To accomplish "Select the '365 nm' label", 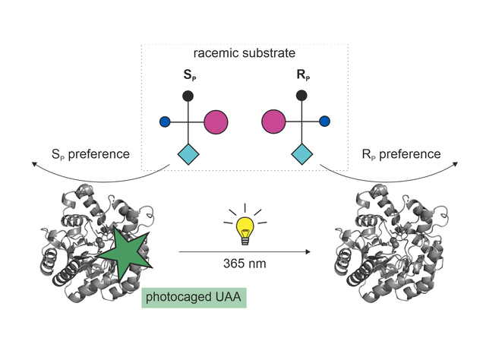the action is click(x=245, y=264).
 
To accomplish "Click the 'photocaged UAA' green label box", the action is click(x=194, y=298).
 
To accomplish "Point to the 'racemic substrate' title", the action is click(x=245, y=53).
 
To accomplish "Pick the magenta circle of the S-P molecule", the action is click(x=216, y=122).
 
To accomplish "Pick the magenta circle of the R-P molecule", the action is click(x=273, y=122).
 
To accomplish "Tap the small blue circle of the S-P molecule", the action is click(x=165, y=122).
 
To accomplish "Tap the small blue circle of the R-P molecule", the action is click(x=324, y=122).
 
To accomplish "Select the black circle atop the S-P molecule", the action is click(x=188, y=96).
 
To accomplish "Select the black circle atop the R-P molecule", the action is click(x=301, y=96).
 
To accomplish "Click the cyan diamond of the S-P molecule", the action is click(x=188, y=154).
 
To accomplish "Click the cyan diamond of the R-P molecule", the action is click(x=302, y=154).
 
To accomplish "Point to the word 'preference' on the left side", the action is click(x=99, y=154).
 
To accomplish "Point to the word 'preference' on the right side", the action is click(x=410, y=154).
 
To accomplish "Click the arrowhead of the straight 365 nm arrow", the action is click(x=308, y=252).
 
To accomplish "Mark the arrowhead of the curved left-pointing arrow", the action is click(x=34, y=164).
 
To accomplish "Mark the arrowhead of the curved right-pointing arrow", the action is click(x=456, y=164).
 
